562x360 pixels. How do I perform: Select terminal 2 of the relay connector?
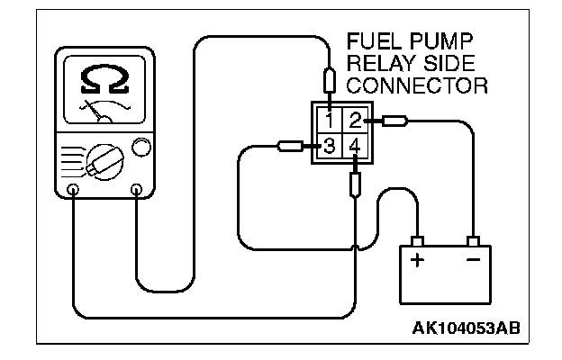[355, 121]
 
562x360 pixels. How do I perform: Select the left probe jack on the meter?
[73, 190]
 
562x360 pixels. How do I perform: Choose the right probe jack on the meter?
[136, 189]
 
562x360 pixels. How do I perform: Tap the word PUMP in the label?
[444, 44]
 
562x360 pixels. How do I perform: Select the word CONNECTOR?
[416, 85]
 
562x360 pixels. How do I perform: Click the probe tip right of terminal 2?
[395, 120]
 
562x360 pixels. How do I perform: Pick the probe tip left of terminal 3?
[291, 146]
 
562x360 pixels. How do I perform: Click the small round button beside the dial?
[140, 147]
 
